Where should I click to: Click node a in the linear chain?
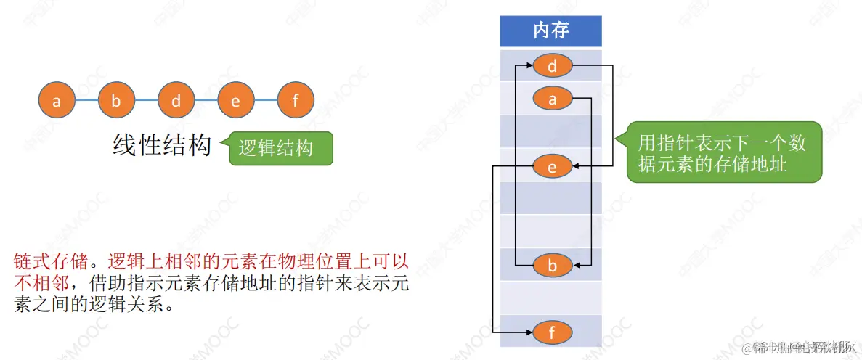pyautogui.click(x=57, y=101)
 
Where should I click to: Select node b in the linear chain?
pyautogui.click(x=116, y=101)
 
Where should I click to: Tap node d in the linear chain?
pyautogui.click(x=176, y=101)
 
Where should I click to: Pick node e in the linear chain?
pyautogui.click(x=235, y=101)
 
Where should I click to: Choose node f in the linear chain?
pyautogui.click(x=296, y=101)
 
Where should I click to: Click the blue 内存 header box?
pyautogui.click(x=550, y=30)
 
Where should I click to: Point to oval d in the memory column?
pyautogui.click(x=553, y=67)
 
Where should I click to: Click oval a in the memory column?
pyautogui.click(x=553, y=99)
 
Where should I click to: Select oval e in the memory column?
pyautogui.click(x=553, y=168)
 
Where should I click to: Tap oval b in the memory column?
pyautogui.click(x=553, y=266)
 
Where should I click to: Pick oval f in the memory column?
pyautogui.click(x=553, y=333)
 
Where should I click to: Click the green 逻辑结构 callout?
pyautogui.click(x=280, y=148)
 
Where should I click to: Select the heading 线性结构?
pyautogui.click(x=161, y=145)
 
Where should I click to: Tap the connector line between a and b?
pyautogui.click(x=86, y=101)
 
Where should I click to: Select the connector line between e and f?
pyautogui.click(x=266, y=101)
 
